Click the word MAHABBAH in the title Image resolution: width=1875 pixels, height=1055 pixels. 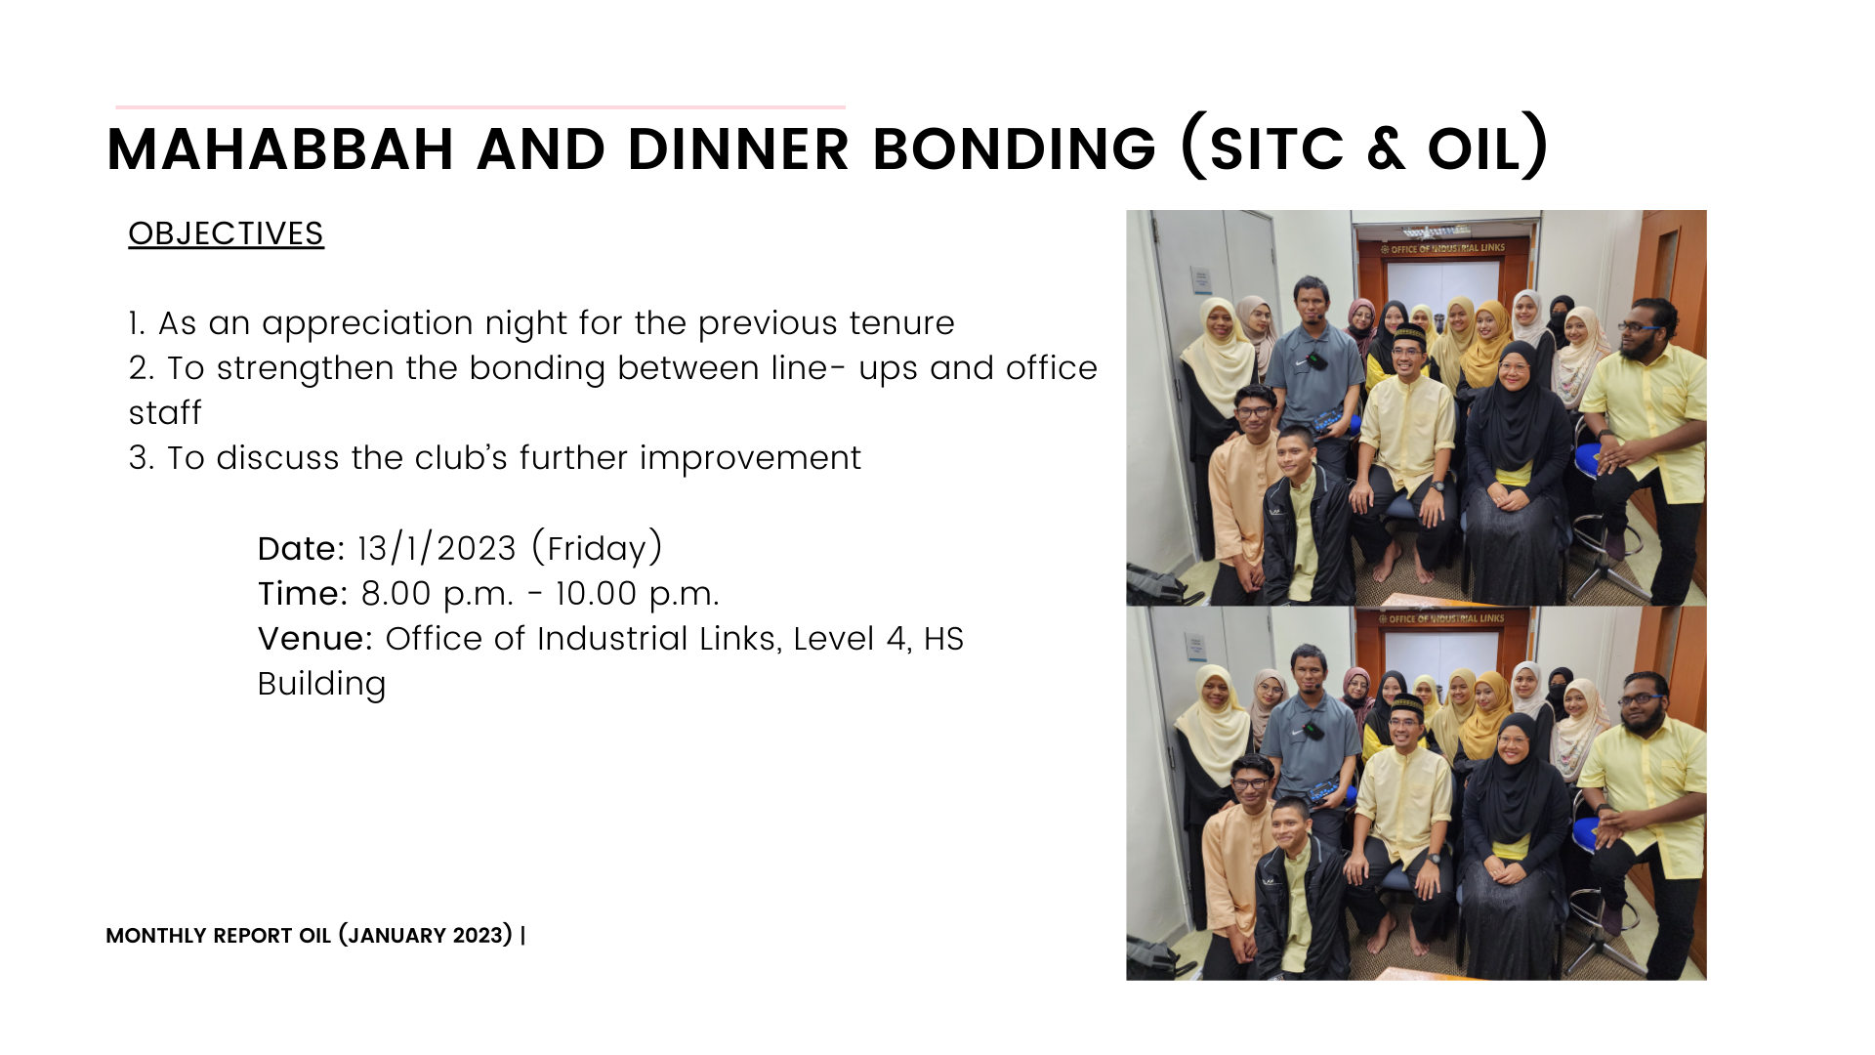coord(280,149)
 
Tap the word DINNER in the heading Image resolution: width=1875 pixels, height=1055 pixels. coord(737,149)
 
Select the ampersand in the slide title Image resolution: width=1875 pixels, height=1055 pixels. coord(1386,149)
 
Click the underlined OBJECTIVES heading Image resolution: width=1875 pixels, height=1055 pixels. coord(226,233)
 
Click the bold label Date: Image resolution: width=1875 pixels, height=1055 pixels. coord(301,548)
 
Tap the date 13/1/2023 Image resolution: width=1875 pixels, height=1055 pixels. coord(437,548)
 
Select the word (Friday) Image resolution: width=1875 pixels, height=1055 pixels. coord(597,548)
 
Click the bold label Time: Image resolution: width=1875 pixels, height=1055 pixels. coord(303,593)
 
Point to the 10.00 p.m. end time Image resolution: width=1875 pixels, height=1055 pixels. coord(637,594)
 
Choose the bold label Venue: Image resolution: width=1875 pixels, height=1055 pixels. coord(315,638)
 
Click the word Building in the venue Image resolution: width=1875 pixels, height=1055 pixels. coord(321,684)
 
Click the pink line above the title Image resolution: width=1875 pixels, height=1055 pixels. coord(480,106)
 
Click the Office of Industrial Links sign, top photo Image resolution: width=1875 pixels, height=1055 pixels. coord(1442,248)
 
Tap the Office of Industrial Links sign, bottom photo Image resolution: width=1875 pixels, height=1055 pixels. coord(1441,618)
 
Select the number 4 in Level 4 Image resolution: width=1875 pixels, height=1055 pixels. coord(896,639)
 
